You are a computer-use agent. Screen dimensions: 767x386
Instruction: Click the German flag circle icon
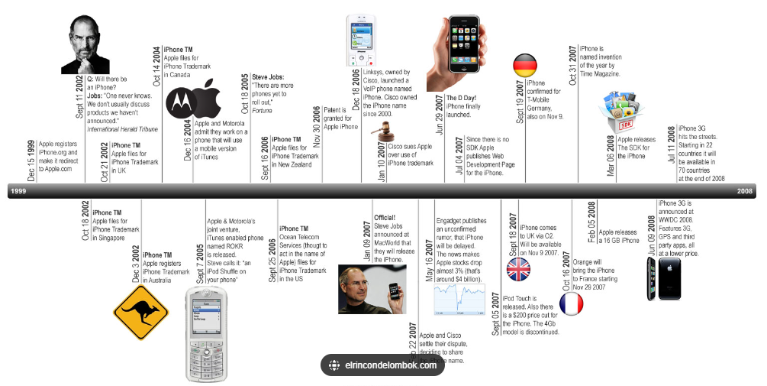click(525, 66)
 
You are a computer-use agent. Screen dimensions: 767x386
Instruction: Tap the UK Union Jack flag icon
click(519, 270)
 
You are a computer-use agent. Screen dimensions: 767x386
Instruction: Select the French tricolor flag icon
click(572, 304)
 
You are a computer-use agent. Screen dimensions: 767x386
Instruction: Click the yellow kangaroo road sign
click(140, 312)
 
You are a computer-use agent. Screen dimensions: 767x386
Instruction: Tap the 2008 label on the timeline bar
click(745, 192)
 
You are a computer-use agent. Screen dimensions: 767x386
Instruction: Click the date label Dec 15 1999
click(31, 161)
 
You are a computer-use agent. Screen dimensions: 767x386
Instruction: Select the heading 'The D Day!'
click(461, 98)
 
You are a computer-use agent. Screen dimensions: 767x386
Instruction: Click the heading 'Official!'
click(385, 218)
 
